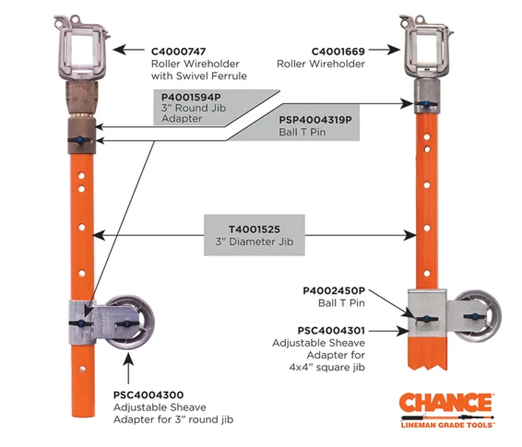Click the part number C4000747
point(178,52)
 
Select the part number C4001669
point(338,52)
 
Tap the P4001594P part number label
point(191,97)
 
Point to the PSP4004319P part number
point(315,120)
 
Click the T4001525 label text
point(254,229)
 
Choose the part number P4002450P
point(334,291)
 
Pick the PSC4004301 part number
point(331,331)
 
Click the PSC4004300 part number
point(148,395)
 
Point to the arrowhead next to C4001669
point(394,50)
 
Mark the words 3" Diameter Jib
point(254,242)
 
